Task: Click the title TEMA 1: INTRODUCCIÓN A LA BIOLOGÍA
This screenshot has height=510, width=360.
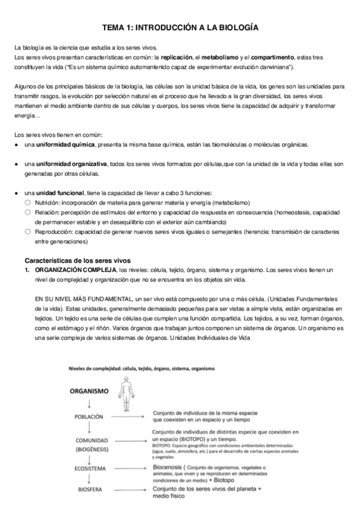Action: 180,28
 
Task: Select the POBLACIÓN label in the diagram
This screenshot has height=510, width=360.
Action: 89,416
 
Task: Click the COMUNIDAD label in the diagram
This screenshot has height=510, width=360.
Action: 89,440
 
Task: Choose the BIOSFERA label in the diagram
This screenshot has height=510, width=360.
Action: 89,490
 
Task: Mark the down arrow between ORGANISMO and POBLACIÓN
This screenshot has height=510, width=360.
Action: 89,403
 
